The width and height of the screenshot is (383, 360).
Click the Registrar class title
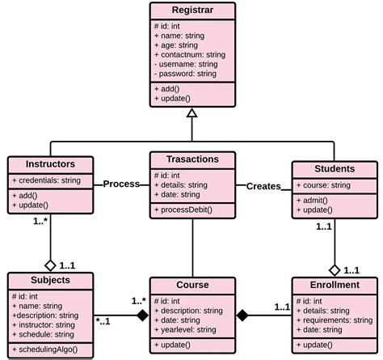[191, 12]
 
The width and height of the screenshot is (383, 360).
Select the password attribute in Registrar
[184, 73]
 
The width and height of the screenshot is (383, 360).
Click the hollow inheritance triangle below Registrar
[191, 114]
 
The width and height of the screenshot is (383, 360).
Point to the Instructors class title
[51, 163]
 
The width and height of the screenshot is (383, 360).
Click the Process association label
[121, 184]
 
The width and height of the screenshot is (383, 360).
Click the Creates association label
[263, 186]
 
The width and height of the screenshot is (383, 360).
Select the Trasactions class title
[191, 160]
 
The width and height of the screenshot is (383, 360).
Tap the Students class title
[334, 168]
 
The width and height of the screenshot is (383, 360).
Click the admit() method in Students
[317, 200]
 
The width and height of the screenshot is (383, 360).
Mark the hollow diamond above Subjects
[50, 265]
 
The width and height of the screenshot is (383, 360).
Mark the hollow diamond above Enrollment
[334, 269]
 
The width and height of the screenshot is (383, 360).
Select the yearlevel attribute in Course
[189, 329]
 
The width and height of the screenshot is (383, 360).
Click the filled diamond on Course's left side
[142, 315]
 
